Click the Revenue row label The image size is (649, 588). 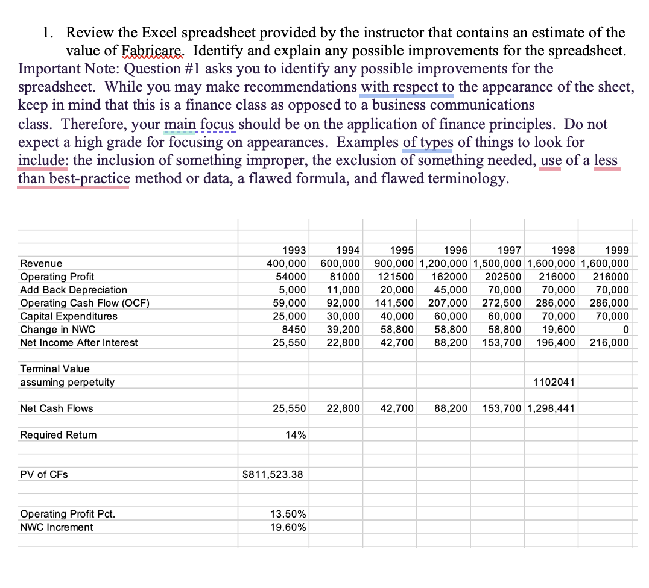point(41,264)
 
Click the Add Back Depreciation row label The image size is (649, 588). point(74,290)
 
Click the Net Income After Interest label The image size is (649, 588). point(78,343)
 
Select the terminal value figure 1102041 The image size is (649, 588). point(554,383)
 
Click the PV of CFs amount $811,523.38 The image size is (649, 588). point(273,475)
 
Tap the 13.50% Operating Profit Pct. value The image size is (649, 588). point(288,514)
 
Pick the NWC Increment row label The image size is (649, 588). point(57,528)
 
